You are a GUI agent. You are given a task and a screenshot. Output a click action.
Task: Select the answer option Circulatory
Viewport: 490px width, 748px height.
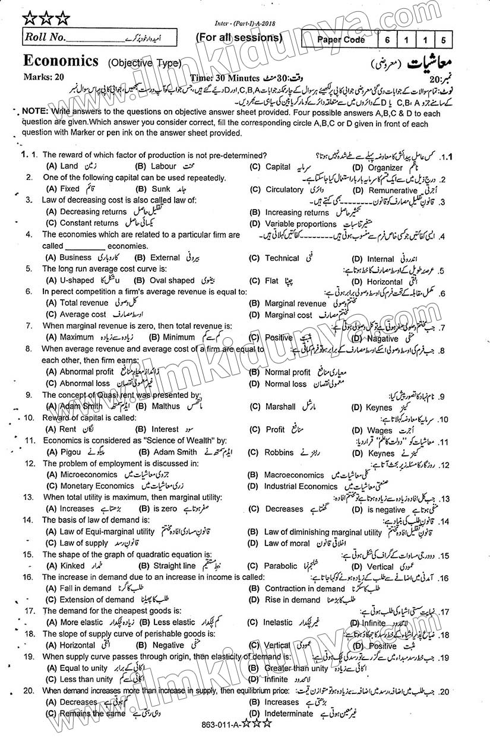pyautogui.click(x=284, y=189)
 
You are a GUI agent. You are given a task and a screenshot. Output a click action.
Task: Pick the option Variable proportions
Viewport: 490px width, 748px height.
pyautogui.click(x=301, y=224)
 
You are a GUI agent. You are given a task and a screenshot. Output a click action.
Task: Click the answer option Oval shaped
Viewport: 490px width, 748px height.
pyautogui.click(x=173, y=280)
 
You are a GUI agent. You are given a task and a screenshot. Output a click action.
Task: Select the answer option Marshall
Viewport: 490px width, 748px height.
pyautogui.click(x=280, y=407)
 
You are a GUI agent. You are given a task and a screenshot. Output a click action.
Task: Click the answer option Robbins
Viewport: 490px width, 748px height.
pyautogui.click(x=279, y=452)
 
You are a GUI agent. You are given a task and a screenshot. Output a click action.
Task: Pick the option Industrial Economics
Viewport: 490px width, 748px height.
pyautogui.click(x=301, y=486)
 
